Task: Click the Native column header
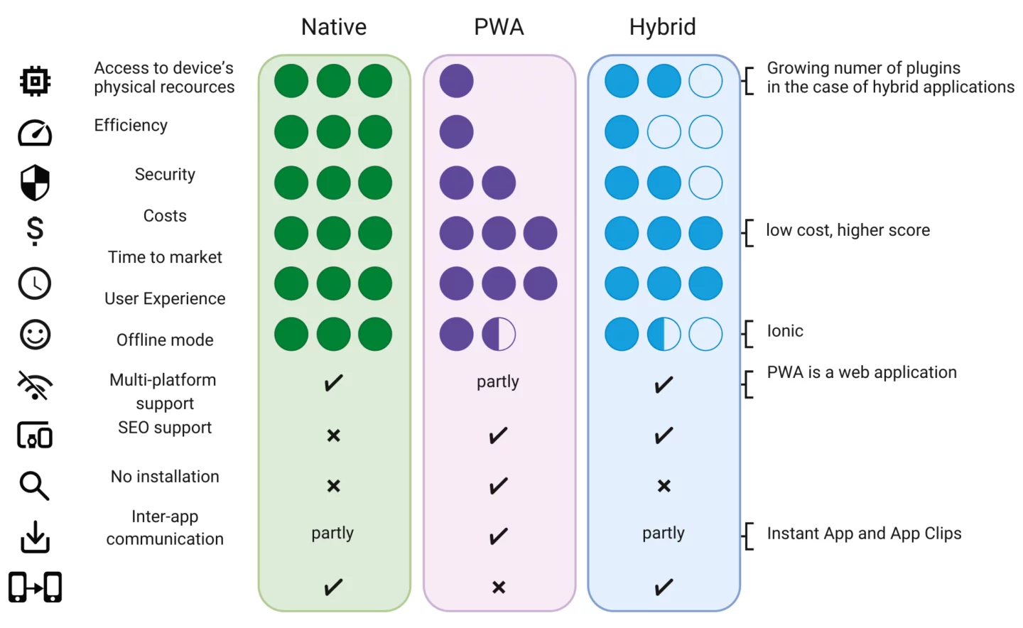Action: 334,27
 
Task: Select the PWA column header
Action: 499,27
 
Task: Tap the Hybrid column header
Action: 662,27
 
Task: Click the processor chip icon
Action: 35,81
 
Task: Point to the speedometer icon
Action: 35,132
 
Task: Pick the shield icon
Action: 35,183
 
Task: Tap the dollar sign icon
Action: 35,231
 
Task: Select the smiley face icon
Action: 35,334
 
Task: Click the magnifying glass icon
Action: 35,486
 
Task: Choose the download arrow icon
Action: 35,536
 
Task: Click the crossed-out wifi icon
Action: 35,385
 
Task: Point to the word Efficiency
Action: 131,125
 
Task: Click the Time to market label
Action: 165,257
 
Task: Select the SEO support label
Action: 165,428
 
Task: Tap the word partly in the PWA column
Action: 498,381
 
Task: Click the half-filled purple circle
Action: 499,334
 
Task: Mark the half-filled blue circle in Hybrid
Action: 664,334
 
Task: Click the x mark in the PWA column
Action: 499,588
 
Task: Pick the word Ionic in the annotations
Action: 785,331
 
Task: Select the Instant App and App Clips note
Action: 864,534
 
